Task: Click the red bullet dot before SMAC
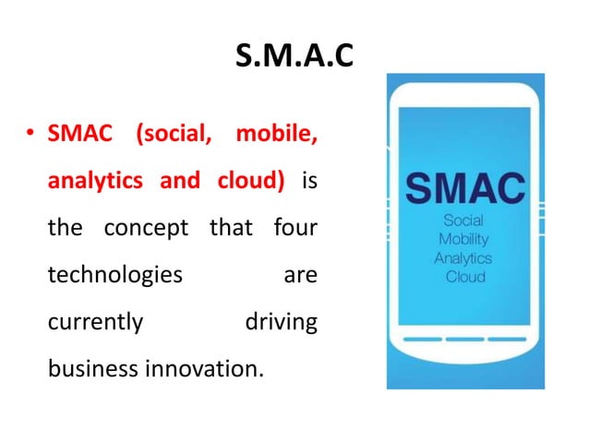30,138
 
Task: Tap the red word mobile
276,138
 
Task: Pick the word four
294,228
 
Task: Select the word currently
95,323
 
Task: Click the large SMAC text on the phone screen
466,189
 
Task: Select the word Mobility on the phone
463,240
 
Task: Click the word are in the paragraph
299,276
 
